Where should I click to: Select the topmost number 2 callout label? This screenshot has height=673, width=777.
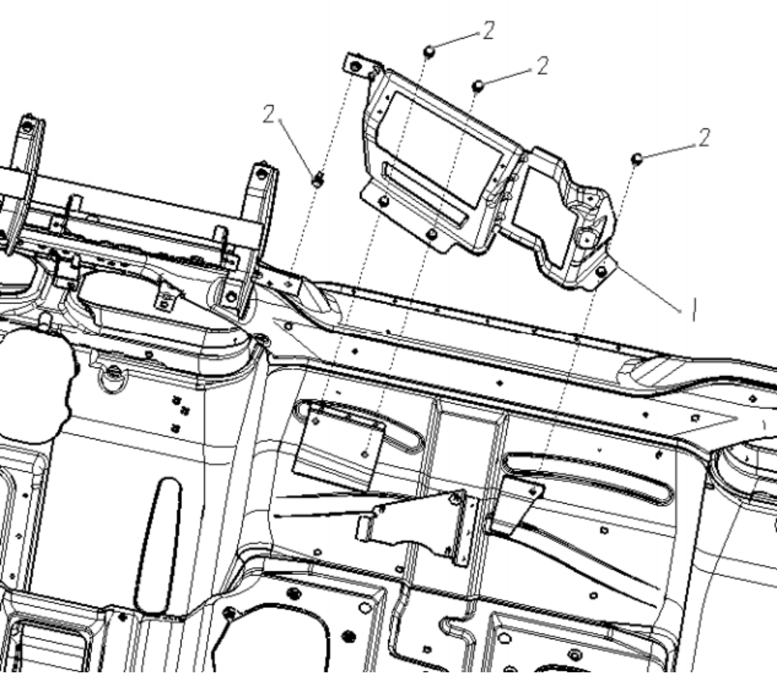[x=488, y=31]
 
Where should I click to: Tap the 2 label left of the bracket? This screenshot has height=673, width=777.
[x=269, y=114]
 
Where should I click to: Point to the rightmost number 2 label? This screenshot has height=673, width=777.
[x=704, y=137]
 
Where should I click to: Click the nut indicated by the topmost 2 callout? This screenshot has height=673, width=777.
[x=430, y=51]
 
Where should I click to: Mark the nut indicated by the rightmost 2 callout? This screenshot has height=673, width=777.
[x=637, y=159]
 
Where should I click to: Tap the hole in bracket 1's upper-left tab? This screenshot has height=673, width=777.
[x=355, y=66]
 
